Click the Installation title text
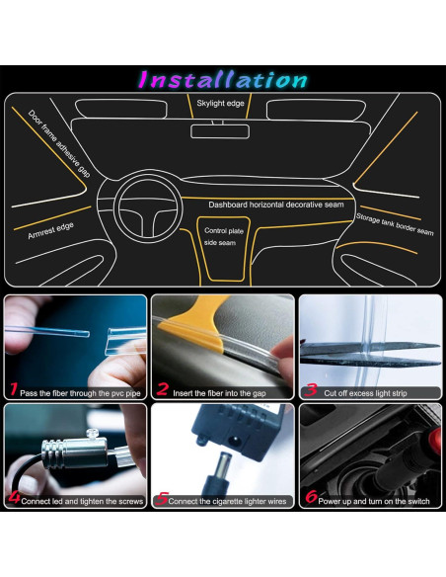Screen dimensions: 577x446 click(x=222, y=79)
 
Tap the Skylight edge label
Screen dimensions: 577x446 click(x=220, y=103)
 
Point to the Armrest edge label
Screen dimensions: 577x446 click(x=43, y=229)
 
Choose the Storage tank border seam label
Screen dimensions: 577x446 click(x=394, y=224)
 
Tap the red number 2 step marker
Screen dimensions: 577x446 click(x=163, y=389)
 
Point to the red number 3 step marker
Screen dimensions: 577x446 click(x=312, y=389)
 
